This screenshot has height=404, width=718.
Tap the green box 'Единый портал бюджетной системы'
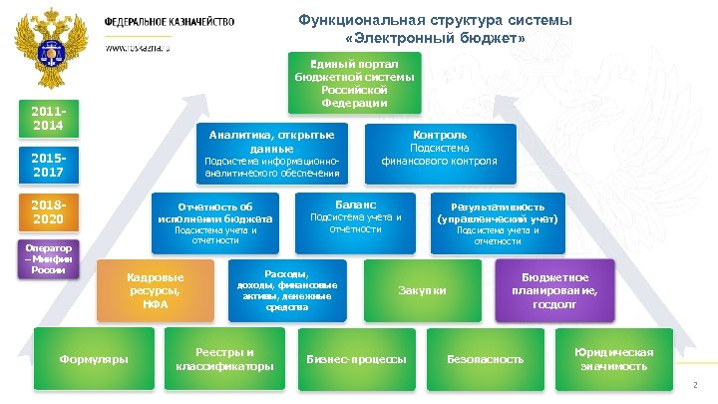pos(356,82)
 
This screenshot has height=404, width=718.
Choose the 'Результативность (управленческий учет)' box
pos(498,221)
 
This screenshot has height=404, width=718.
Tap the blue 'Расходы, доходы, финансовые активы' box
pos(286,290)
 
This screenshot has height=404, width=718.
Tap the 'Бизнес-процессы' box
pos(356,358)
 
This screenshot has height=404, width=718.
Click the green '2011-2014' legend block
pos(48,120)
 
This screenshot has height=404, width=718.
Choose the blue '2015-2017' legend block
pos(48,167)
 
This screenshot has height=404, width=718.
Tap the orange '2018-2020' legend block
pos(48,212)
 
